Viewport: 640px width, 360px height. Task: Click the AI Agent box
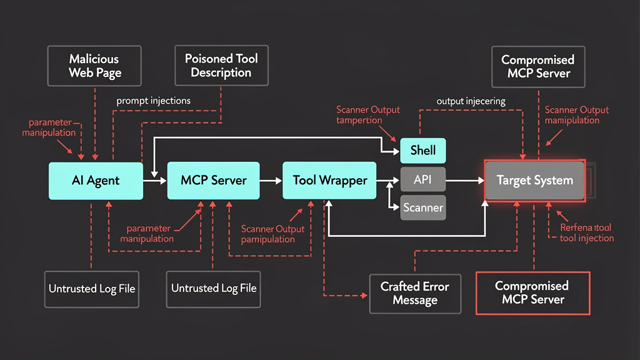pos(95,181)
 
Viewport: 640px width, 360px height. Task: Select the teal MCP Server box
pos(213,181)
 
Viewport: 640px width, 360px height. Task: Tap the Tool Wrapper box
pos(329,181)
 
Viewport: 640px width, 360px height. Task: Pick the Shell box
pos(423,151)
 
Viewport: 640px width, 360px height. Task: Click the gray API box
pos(423,179)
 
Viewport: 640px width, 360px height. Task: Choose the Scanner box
pos(423,207)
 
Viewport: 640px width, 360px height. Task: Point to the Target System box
pos(534,181)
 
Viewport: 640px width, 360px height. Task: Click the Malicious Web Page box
pos(94,66)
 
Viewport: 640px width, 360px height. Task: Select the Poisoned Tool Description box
pos(221,66)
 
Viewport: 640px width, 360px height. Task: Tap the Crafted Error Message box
pos(415,293)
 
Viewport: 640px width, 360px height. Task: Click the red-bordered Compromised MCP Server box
pos(532,292)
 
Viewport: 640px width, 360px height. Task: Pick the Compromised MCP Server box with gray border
pos(537,66)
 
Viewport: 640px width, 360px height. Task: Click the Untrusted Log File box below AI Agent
pos(92,288)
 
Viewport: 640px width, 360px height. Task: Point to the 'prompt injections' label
pos(154,100)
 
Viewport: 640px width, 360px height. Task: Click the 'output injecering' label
pos(471,100)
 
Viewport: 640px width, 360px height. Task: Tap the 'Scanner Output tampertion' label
pos(368,115)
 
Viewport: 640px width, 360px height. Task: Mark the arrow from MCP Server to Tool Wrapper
pos(271,181)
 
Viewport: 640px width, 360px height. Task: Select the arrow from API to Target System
pos(466,180)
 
